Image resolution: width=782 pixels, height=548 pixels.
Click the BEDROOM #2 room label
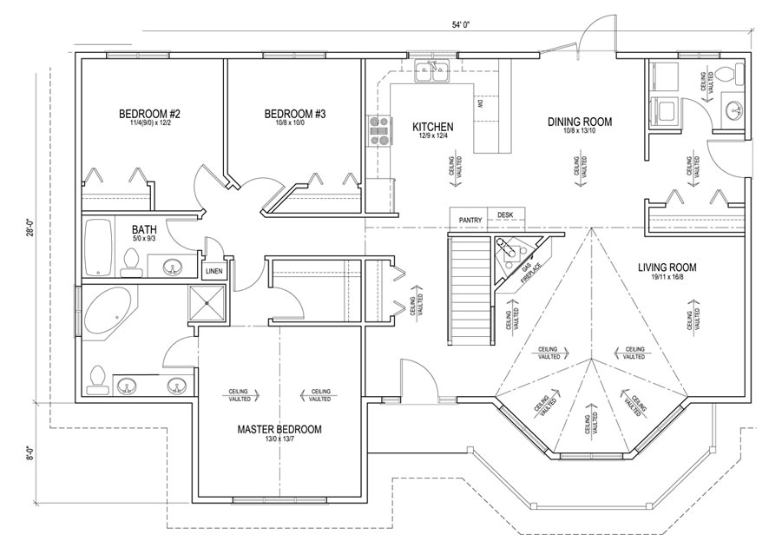149,114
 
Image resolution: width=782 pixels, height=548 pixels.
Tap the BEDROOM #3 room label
295,114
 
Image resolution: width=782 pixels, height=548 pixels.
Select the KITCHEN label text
433,127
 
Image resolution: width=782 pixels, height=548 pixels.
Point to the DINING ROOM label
580,122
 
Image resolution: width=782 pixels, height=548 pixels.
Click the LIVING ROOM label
667,267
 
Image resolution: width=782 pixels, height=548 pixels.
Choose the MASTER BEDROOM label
279,429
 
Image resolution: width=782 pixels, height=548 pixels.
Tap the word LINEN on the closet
214,271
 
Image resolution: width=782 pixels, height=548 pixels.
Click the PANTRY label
470,220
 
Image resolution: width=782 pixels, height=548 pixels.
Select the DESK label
505,215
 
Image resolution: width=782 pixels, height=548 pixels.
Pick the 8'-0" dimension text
29,452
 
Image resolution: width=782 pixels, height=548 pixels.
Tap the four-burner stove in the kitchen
379,130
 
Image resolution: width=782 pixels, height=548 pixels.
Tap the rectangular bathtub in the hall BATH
99,247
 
